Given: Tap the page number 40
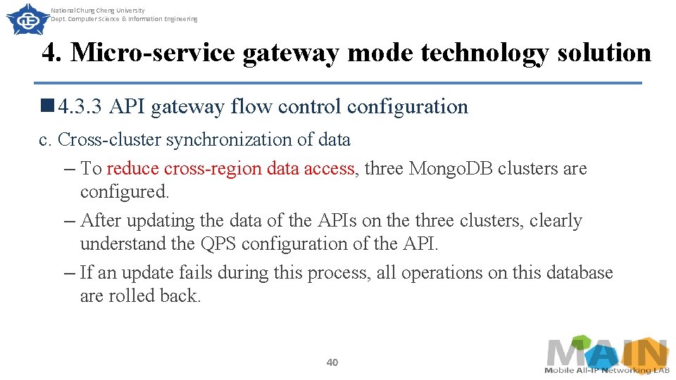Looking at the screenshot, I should point(332,362).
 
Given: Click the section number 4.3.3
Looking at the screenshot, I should point(81,107).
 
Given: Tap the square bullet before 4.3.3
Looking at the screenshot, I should point(48,106).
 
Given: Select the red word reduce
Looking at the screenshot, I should point(132,169).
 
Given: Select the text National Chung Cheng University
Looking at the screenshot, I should point(98,11).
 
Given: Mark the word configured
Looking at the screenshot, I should point(125,192).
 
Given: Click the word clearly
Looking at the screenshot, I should point(556,221).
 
